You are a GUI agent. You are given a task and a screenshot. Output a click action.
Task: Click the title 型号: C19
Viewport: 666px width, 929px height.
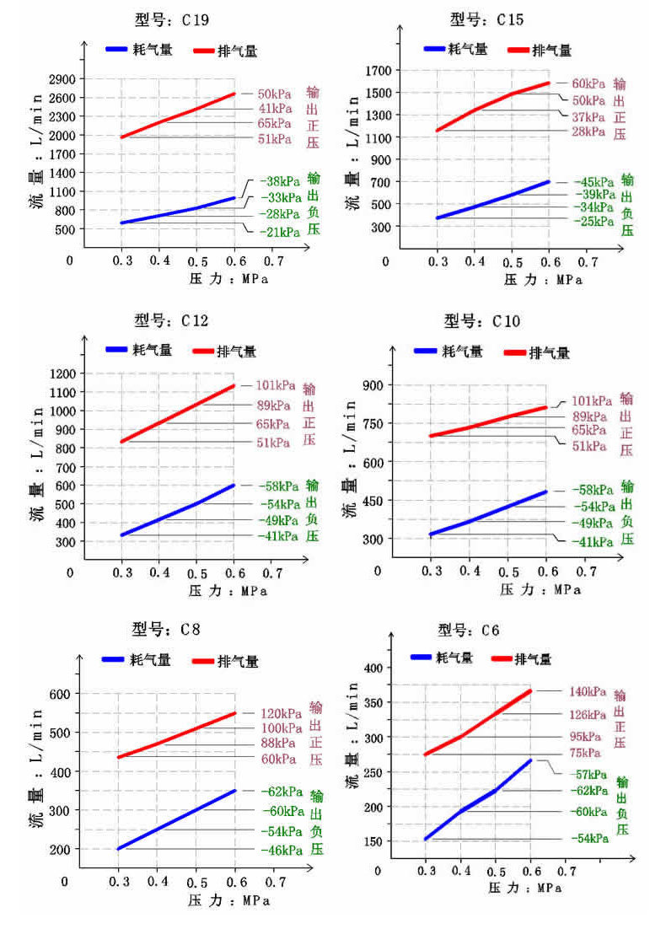(173, 19)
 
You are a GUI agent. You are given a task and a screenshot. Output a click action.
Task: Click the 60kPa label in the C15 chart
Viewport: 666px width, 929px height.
(588, 84)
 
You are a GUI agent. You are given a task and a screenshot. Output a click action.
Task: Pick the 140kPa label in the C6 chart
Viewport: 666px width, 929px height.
(588, 692)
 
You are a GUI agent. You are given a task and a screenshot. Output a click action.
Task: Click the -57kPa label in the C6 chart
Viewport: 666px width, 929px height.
(588, 774)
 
